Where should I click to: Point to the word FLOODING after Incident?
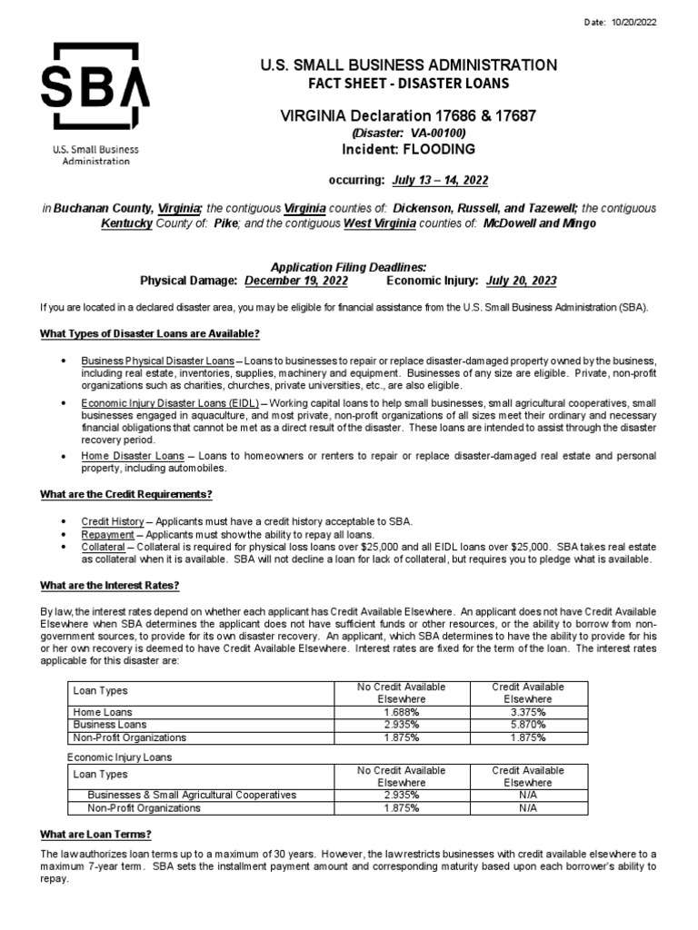pos(440,149)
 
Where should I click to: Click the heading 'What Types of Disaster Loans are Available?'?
pos(149,334)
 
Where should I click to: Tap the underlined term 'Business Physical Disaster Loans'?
pos(159,361)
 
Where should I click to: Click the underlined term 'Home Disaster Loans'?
pos(132,456)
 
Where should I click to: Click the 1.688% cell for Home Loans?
pos(400,712)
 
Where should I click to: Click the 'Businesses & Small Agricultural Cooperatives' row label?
pos(191,794)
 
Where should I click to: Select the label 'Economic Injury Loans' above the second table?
pos(120,757)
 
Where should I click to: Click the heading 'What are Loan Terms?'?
pos(95,834)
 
